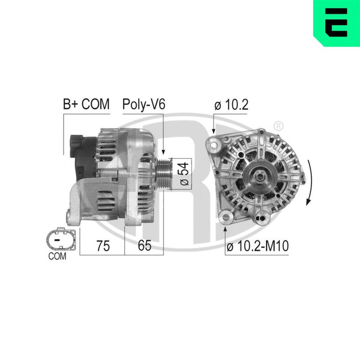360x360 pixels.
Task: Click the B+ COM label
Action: pos(86,104)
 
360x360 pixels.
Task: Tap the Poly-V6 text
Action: pos(144,105)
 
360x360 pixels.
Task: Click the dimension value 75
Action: pos(103,246)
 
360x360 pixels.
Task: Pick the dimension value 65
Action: pos(144,245)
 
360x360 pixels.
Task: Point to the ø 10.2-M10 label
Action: pos(257,246)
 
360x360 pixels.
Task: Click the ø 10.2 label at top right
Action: pos(231,105)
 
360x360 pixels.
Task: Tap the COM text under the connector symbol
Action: pos(57,256)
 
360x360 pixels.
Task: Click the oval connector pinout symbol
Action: pos(61,239)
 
